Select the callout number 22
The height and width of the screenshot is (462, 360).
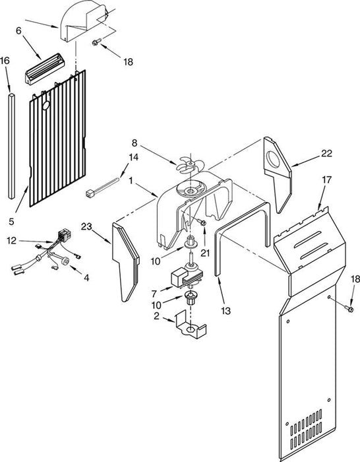click(x=326, y=153)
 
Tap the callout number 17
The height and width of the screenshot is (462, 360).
click(x=327, y=180)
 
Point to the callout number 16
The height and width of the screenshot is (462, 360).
click(x=5, y=61)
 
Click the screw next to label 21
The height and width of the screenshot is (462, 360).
click(x=202, y=222)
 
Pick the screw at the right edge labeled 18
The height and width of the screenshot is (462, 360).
click(x=349, y=308)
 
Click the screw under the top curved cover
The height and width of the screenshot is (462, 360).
click(x=96, y=42)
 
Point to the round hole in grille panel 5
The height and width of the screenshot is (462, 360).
click(x=46, y=106)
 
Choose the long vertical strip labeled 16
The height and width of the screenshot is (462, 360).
click(x=11, y=146)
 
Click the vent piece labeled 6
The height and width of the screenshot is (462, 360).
click(x=45, y=69)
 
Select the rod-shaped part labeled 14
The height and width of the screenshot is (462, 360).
click(x=102, y=186)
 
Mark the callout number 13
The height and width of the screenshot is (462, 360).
click(x=225, y=311)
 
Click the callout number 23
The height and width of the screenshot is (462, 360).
click(x=86, y=226)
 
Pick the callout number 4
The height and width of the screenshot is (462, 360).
click(x=86, y=277)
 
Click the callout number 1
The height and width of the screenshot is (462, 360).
click(x=131, y=180)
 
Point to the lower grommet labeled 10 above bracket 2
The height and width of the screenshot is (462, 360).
click(x=191, y=298)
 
